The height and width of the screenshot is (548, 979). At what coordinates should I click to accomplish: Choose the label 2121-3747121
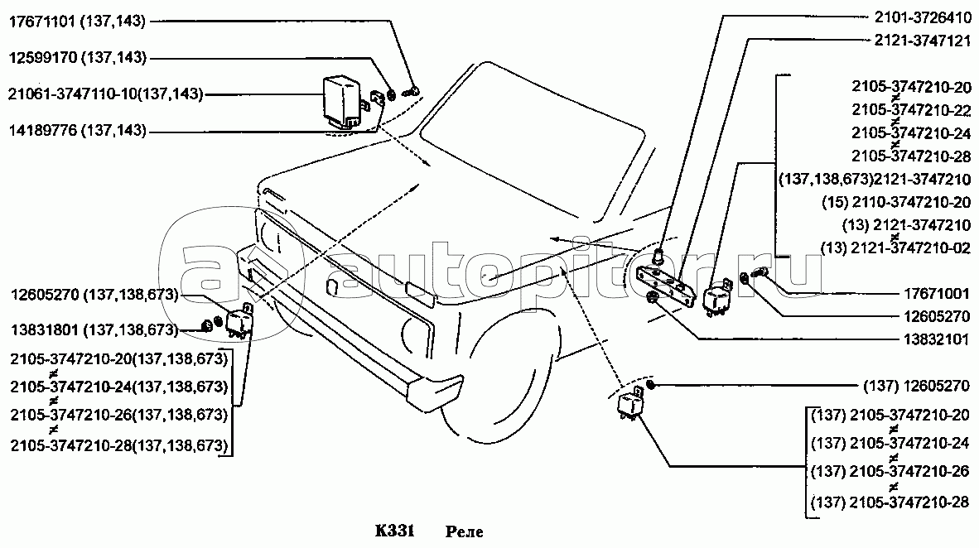click(x=922, y=41)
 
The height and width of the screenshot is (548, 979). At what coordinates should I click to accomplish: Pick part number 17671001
click(x=937, y=293)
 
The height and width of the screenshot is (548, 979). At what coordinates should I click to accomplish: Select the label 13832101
click(x=937, y=339)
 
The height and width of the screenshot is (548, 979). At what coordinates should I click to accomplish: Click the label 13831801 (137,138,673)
click(x=94, y=329)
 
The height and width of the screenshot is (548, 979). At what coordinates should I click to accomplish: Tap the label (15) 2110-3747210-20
click(x=896, y=202)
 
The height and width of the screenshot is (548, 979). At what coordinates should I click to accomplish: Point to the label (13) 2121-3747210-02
click(x=896, y=248)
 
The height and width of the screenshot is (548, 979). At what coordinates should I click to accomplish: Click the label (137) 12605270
click(x=916, y=387)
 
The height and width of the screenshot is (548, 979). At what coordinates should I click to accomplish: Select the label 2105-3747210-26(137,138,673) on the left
click(x=118, y=415)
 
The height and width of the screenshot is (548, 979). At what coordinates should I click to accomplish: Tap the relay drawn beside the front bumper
click(x=239, y=321)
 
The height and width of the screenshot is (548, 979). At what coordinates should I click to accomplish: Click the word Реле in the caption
click(x=464, y=531)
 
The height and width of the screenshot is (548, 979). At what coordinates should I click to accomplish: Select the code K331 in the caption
click(x=394, y=531)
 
